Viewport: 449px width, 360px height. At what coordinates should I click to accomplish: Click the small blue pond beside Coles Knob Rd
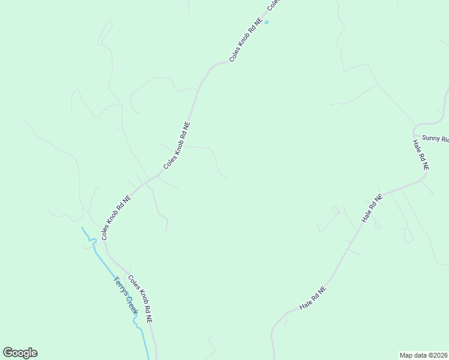point(267,23)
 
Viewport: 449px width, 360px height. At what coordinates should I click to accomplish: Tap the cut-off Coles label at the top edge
point(274,5)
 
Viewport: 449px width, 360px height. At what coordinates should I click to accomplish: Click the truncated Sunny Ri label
point(435,139)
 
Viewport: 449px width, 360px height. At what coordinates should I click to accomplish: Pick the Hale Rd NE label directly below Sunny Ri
point(420,155)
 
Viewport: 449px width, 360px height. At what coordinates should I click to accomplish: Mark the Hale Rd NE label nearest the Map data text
point(313,298)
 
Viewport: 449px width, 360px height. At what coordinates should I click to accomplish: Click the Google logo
point(20,353)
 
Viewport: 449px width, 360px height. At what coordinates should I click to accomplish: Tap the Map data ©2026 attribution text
point(424,355)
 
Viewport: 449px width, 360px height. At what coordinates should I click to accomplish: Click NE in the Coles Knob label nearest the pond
point(259,24)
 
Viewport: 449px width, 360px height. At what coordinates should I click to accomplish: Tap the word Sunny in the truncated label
point(431,138)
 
